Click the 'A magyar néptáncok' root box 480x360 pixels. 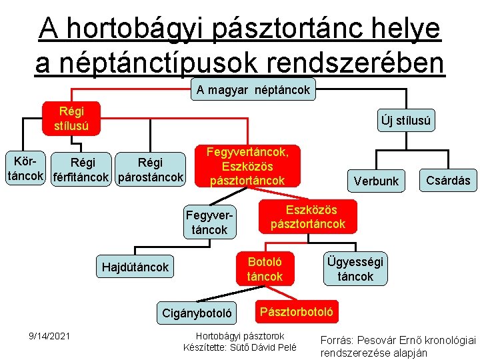point(253,90)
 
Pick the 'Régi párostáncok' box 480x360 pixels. point(150,169)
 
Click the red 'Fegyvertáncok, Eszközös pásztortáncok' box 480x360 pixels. point(247,166)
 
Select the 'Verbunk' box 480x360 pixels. point(376,181)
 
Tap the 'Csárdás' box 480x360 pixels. point(447,180)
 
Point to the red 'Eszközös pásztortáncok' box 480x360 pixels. point(308,216)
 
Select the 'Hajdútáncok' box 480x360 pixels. point(135,267)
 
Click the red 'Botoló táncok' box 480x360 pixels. point(265,269)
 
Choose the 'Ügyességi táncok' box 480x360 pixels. point(355,269)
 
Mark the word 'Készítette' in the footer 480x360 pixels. point(206,347)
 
